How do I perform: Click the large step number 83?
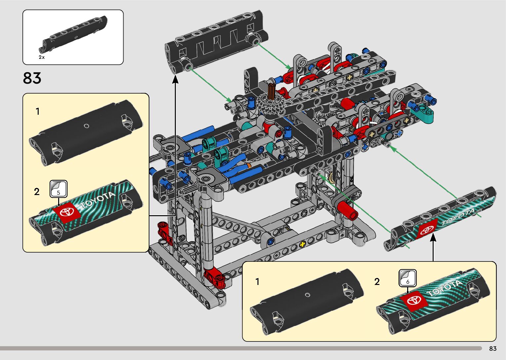pyautogui.click(x=32, y=78)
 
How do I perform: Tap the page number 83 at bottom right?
pyautogui.click(x=493, y=348)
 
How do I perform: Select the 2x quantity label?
pyautogui.click(x=42, y=57)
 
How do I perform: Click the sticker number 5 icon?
pyautogui.click(x=58, y=189)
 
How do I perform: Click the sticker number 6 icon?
pyautogui.click(x=408, y=278)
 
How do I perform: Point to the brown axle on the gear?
pyautogui.click(x=271, y=92)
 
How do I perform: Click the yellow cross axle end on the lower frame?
pyautogui.click(x=302, y=244)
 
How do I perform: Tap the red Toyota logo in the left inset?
pyautogui.click(x=67, y=213)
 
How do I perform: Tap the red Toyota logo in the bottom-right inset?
pyautogui.click(x=414, y=301)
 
